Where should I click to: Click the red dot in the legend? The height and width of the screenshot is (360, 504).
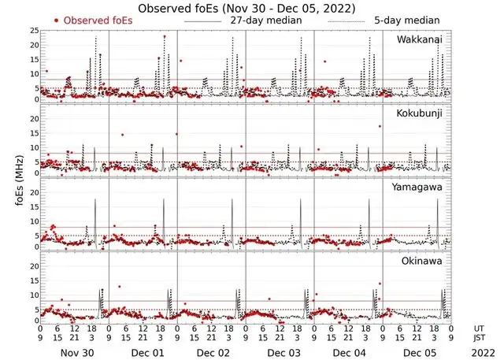click(56, 20)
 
